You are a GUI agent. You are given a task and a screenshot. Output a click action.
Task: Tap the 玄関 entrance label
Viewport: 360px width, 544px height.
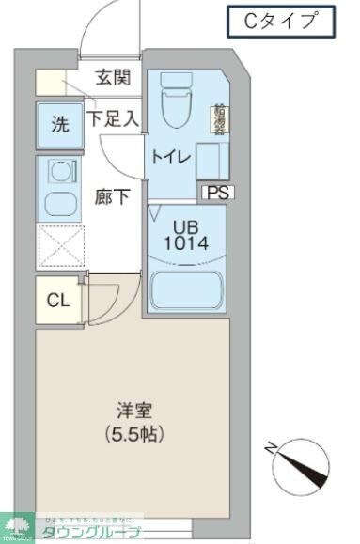(112, 78)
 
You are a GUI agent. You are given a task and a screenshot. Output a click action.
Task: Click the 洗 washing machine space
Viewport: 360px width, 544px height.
(58, 123)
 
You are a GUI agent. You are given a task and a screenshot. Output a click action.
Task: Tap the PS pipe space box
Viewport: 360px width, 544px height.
(217, 192)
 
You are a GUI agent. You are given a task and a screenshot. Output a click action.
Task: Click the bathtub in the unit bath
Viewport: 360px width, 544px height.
(186, 289)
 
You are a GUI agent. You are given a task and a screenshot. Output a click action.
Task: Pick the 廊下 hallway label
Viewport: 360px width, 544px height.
(113, 197)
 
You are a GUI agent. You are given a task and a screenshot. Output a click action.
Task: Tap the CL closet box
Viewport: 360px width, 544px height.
(58, 301)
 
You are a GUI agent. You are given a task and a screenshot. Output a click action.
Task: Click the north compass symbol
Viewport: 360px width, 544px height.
(300, 461)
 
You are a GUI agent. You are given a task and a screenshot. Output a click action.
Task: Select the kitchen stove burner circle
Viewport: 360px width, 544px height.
(62, 172)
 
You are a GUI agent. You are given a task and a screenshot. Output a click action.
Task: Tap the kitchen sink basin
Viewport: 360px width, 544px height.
(61, 203)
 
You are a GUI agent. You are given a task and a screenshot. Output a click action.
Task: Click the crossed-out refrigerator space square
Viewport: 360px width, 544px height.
(60, 246)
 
